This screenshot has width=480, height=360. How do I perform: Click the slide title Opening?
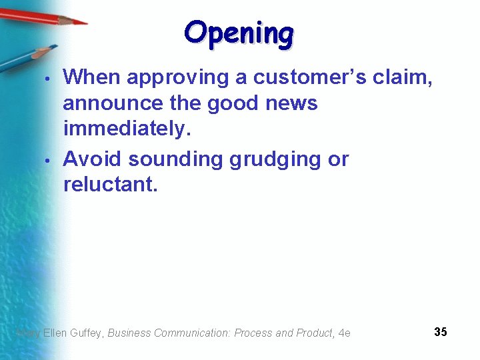coord(239,33)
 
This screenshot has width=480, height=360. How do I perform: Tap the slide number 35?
coord(440,331)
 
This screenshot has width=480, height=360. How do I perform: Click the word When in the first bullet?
coord(92,77)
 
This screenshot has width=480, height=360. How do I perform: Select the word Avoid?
coord(93,159)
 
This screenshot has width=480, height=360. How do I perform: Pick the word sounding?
coord(176,159)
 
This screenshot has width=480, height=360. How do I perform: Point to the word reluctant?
coord(110,185)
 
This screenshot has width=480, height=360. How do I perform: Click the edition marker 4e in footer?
coord(344,333)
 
